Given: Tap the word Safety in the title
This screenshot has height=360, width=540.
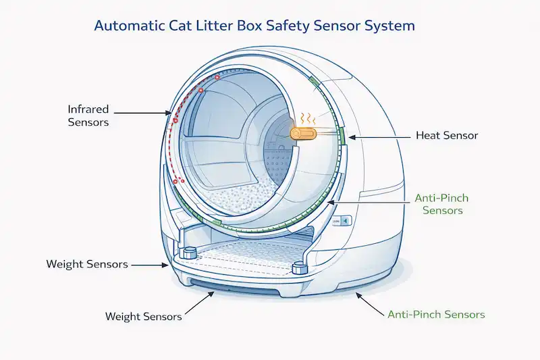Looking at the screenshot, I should [x=292, y=26].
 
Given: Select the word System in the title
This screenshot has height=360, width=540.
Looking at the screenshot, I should [x=391, y=26].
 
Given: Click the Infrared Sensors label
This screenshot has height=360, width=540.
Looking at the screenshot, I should [x=88, y=115].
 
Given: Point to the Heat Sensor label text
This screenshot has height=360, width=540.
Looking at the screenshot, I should [x=446, y=136].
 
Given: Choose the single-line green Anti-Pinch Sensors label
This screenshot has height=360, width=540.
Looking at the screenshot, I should [x=436, y=315].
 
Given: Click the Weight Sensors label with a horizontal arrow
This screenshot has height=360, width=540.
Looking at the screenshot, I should [x=87, y=264].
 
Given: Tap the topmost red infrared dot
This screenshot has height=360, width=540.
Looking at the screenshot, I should [x=217, y=78].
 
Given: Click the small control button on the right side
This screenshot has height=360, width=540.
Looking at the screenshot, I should [x=344, y=221].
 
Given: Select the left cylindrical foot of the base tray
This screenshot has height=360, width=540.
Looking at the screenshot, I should [x=189, y=253].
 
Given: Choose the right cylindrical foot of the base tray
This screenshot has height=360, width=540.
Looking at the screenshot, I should [x=299, y=267].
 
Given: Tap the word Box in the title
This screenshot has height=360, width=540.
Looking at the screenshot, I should [x=250, y=26].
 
